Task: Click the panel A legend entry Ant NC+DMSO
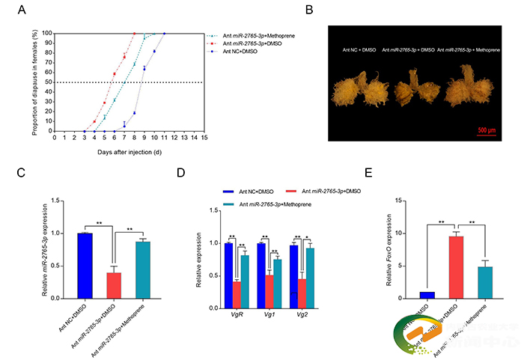pyautogui.click(x=239, y=51)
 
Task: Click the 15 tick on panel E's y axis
pyautogui.click(x=400, y=201)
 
